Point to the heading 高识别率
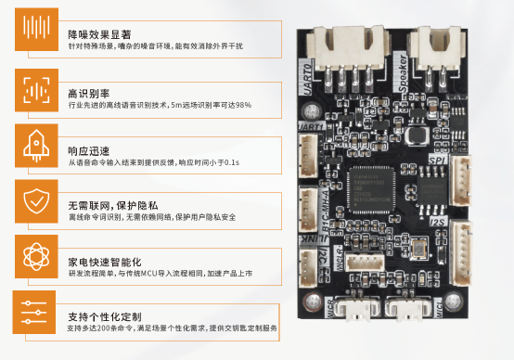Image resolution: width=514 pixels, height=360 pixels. (89, 93)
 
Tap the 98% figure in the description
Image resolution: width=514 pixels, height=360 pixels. (243, 106)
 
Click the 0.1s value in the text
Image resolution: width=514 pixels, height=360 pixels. (231, 162)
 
